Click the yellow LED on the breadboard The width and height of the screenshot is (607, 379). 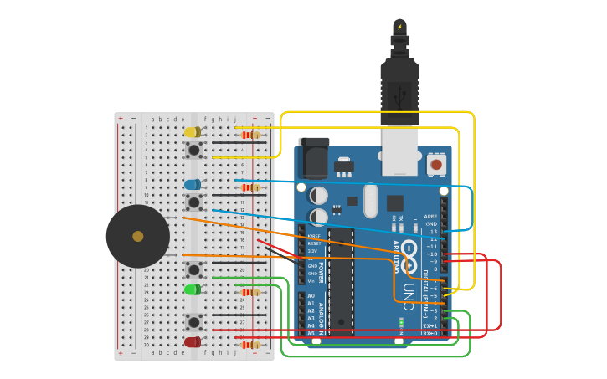192,132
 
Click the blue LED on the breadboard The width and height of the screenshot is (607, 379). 192,184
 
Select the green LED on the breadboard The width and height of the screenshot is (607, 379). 192,289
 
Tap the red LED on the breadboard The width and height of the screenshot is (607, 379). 192,341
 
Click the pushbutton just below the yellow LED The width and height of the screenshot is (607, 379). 193,150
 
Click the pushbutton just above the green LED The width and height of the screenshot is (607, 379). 193,269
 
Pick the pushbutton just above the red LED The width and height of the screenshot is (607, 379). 193,322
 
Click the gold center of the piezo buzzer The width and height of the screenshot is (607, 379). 137,237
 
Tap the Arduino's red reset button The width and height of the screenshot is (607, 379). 435,164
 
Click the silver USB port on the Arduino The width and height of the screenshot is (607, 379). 399,151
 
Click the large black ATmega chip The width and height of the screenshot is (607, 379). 340,277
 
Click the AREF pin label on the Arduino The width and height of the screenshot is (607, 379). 430,217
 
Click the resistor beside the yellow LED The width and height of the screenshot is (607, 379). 249,135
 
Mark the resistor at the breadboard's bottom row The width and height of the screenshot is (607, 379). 249,345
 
